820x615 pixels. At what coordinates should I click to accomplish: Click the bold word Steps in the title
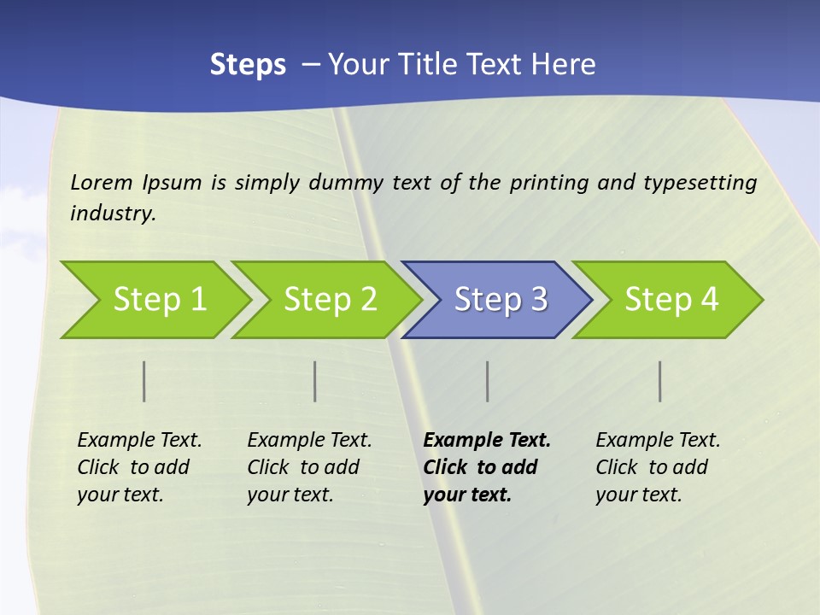[248, 65]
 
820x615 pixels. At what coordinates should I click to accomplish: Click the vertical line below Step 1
[144, 382]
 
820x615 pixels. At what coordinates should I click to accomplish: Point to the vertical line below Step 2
[315, 382]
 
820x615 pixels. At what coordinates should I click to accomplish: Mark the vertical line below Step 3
[488, 382]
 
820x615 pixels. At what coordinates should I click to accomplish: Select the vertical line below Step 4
[660, 382]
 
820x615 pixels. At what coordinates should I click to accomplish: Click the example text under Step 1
[139, 467]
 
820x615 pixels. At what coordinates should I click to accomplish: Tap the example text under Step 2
[309, 467]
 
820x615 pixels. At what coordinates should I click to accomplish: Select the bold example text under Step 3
[487, 467]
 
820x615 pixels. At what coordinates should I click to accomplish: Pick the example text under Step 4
[658, 467]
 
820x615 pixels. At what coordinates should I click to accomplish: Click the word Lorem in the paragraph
[102, 182]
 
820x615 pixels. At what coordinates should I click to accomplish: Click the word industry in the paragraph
[112, 214]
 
